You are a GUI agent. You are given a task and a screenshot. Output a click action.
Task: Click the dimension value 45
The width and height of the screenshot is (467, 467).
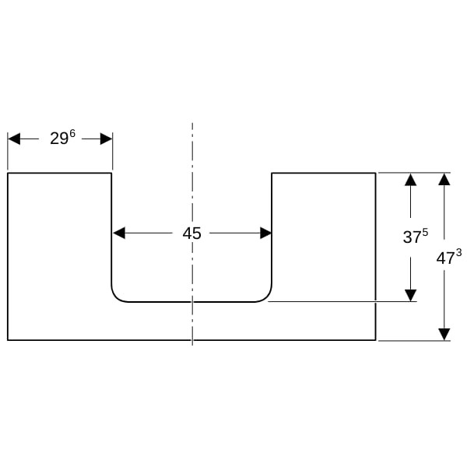pyautogui.click(x=191, y=233)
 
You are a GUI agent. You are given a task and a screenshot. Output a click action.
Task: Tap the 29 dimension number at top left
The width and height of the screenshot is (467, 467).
pyautogui.click(x=59, y=139)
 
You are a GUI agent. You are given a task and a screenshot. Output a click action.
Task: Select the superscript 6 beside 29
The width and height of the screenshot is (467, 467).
pyautogui.click(x=72, y=134)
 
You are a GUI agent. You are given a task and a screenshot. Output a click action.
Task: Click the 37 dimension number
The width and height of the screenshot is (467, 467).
pyautogui.click(x=413, y=237)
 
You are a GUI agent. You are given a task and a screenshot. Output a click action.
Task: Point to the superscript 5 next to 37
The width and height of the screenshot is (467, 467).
pyautogui.click(x=425, y=232)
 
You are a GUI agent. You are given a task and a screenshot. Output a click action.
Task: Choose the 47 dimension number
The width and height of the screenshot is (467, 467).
pyautogui.click(x=445, y=258)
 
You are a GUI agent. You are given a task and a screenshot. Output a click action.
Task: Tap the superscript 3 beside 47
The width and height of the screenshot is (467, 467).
pyautogui.click(x=458, y=253)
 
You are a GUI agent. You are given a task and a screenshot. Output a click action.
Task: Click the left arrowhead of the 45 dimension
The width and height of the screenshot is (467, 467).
pyautogui.click(x=119, y=233)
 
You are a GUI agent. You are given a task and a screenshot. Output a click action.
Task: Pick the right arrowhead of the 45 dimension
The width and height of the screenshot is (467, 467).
pyautogui.click(x=265, y=233)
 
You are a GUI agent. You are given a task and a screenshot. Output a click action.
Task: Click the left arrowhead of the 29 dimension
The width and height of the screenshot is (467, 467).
pyautogui.click(x=14, y=139)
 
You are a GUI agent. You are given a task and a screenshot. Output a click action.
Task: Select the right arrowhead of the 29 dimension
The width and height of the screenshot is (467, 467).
pyautogui.click(x=106, y=139)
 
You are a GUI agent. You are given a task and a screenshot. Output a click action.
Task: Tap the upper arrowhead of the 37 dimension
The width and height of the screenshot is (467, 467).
pyautogui.click(x=410, y=180)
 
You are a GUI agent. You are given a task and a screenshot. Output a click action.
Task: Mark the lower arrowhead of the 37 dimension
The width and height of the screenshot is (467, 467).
pyautogui.click(x=410, y=295)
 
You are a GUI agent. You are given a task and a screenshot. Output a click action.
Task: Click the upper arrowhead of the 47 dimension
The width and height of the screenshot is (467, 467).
pyautogui.click(x=444, y=180)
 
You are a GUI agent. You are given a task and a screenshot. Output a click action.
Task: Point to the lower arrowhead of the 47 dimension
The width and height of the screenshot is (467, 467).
pyautogui.click(x=444, y=334)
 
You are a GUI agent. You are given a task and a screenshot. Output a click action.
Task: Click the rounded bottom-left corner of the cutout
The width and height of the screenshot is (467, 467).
pyautogui.click(x=117, y=297)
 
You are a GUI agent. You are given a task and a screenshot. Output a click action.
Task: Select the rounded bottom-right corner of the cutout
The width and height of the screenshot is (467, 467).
pyautogui.click(x=266, y=297)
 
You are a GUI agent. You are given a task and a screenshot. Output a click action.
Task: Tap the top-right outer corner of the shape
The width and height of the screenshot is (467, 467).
pyautogui.click(x=375, y=173)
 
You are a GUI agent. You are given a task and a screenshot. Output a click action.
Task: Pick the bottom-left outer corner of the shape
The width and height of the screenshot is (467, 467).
pyautogui.click(x=8, y=340)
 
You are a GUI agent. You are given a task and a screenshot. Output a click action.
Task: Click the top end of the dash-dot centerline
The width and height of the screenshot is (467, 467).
pyautogui.click(x=192, y=123)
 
